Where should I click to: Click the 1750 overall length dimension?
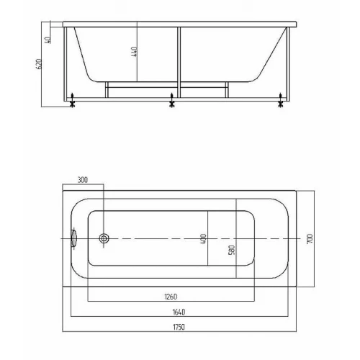[x=179, y=327]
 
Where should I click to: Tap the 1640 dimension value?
[x=179, y=312]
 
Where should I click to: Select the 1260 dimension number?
[x=171, y=297]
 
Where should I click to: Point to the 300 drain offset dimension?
[x=83, y=180]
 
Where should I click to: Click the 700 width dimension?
[x=310, y=239]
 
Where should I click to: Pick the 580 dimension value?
[x=232, y=250]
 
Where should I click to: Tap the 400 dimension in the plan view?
[x=203, y=239]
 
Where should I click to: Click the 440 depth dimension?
[x=135, y=52]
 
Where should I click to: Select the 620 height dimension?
[x=39, y=64]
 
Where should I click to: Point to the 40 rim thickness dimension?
[x=48, y=40]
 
